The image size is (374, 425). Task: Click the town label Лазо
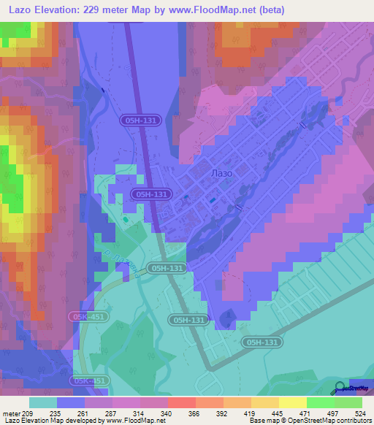point(221,173)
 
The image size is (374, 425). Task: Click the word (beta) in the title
point(267,10)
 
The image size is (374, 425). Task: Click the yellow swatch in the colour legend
point(293,402)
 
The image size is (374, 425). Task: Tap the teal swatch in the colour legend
point(43,402)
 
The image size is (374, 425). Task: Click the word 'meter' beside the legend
point(12,413)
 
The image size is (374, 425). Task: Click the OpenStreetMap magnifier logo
point(340,388)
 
